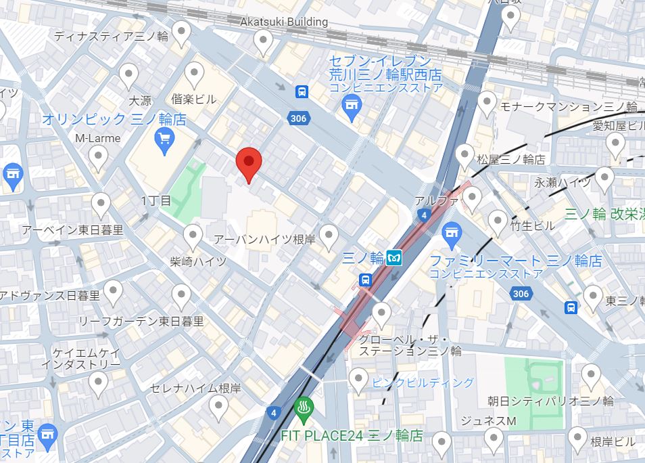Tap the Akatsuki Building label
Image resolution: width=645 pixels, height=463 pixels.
tap(284, 22)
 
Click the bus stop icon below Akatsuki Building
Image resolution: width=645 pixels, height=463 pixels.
tap(301, 91)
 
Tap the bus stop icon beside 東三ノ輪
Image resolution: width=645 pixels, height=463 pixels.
tap(571, 307)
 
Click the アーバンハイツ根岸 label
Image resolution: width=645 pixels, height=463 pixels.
tap(266, 240)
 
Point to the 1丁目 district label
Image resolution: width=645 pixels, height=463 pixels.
tap(156, 200)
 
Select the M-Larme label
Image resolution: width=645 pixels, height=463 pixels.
tap(98, 138)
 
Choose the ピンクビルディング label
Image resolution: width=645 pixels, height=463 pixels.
tap(423, 382)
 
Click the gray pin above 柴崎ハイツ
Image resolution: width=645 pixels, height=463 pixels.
tap(193, 236)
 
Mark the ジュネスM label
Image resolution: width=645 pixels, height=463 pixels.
tap(488, 420)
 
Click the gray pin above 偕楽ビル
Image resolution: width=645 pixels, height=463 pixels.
tap(195, 74)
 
